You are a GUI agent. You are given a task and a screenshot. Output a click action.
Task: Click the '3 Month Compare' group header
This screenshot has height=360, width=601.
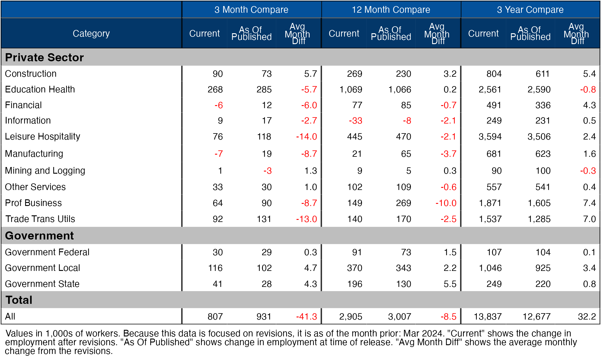251,10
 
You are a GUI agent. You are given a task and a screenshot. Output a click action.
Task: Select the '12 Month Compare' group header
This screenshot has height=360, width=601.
391,10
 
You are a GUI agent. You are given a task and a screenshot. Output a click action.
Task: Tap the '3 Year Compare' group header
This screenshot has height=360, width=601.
530,10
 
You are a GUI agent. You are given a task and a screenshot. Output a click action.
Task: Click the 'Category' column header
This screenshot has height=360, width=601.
91,33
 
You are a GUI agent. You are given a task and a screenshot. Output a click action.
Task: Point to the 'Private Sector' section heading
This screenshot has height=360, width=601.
44,57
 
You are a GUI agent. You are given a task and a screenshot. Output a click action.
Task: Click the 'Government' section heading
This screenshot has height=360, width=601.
39,236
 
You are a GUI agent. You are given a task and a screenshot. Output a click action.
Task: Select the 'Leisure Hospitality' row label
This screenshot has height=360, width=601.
43,137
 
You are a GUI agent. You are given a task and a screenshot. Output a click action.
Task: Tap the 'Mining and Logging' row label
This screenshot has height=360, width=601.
45,171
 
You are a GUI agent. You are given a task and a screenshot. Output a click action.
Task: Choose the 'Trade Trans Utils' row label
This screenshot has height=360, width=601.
40,219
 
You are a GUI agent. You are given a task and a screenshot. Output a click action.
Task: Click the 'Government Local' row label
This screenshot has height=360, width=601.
43,268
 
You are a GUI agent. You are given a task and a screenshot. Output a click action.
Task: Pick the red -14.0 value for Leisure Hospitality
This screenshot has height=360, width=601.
306,137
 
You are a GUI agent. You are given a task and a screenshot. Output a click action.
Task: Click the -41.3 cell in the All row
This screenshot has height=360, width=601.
306,317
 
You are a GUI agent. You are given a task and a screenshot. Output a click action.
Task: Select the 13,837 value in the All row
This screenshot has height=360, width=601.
488,317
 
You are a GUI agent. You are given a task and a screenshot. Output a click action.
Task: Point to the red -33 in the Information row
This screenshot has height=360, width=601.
355,121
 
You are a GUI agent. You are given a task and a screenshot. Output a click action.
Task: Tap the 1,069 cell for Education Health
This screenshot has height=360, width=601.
351,89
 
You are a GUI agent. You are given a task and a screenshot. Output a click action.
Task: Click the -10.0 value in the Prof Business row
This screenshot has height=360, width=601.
446,203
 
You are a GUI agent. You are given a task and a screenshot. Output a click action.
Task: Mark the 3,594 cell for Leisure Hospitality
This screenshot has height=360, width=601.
490,137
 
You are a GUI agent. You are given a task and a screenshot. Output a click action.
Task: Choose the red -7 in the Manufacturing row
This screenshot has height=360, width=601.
219,154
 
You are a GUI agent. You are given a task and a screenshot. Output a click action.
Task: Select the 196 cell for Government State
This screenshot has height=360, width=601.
354,284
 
